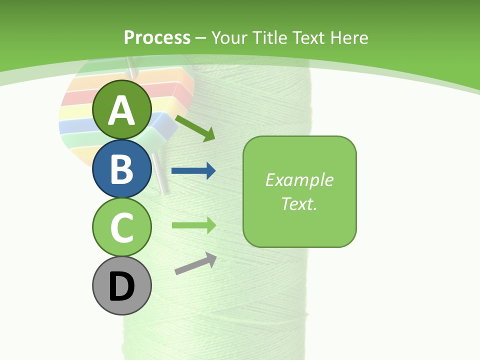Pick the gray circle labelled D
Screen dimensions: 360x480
pyautogui.click(x=121, y=285)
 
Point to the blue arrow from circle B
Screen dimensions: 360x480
pyautogui.click(x=193, y=171)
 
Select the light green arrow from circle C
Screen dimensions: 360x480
pyautogui.click(x=193, y=225)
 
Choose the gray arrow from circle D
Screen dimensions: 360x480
pyautogui.click(x=195, y=263)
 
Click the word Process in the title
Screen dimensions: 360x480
pyautogui.click(x=157, y=37)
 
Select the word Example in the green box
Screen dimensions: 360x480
pyautogui.click(x=299, y=180)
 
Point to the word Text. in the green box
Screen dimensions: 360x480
pyautogui.click(x=299, y=203)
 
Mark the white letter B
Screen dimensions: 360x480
pyautogui.click(x=121, y=169)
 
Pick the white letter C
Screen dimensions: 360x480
pyautogui.click(x=121, y=227)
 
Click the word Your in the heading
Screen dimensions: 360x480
pyautogui.click(x=229, y=37)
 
